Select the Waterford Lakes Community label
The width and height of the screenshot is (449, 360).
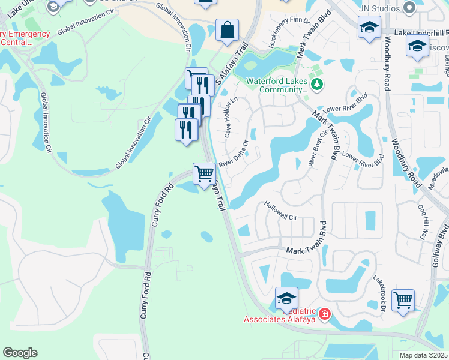(x=276, y=85)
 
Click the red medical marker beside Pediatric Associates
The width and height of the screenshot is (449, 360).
(x=325, y=314)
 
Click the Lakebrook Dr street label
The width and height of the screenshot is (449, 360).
(x=379, y=295)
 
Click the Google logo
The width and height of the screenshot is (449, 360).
(x=20, y=353)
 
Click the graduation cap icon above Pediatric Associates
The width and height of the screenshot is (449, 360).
(x=286, y=298)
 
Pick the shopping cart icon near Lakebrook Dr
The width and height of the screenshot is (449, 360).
(x=403, y=299)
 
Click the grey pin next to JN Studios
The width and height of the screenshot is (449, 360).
(x=410, y=7)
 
